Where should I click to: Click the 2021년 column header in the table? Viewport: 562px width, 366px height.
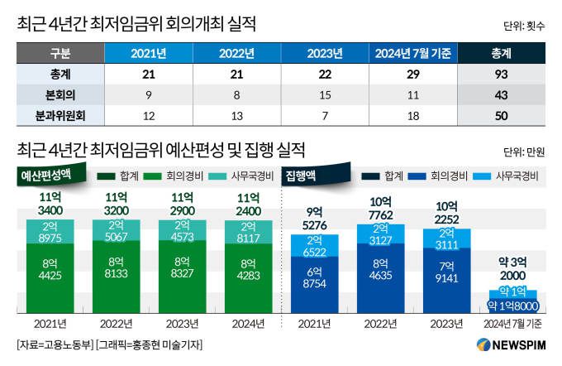coord(148,54)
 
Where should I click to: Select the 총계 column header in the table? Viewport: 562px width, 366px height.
coord(500,54)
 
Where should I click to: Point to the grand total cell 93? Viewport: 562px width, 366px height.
coord(500,75)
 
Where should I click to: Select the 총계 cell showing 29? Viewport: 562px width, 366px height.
coord(411,75)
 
